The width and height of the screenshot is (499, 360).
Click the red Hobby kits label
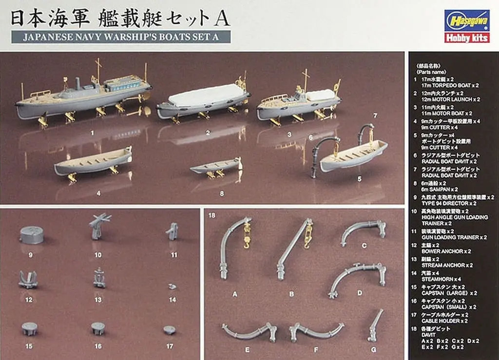466,38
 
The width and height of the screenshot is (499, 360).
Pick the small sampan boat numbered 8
216,168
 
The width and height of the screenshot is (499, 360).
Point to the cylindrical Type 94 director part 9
32,235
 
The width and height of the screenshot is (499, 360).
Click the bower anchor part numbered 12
28,279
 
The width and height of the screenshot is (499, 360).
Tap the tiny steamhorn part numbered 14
172,287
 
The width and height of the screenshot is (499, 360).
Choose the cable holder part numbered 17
170,330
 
